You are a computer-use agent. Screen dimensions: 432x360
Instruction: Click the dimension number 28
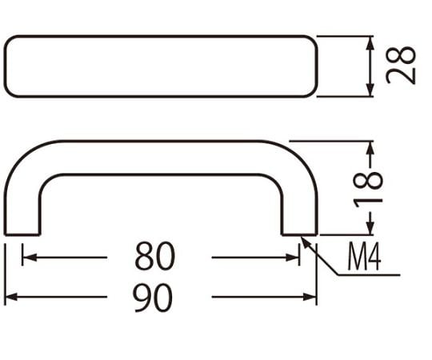[x=401, y=66]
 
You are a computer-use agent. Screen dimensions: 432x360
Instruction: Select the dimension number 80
[x=155, y=256]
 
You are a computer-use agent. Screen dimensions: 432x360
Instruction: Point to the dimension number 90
[x=153, y=298]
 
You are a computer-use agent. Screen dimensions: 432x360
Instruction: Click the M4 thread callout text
[x=365, y=257]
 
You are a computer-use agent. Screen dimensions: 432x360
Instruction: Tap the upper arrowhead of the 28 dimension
[x=370, y=43]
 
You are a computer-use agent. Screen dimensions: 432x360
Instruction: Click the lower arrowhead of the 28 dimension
[x=370, y=90]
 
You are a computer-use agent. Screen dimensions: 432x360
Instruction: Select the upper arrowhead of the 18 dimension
[x=371, y=148]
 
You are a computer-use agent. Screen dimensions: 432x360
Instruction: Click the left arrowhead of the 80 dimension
[x=30, y=258]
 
